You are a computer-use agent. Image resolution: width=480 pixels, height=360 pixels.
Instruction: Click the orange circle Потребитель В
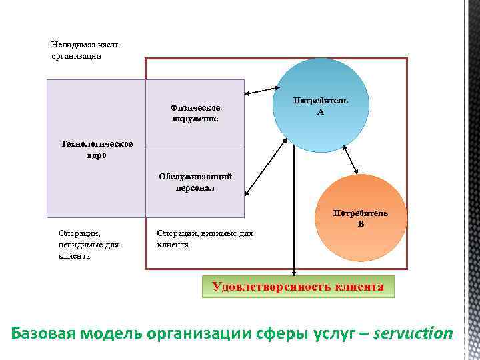point(361,219)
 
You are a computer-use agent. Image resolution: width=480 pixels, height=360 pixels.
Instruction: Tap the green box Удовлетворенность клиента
point(298,287)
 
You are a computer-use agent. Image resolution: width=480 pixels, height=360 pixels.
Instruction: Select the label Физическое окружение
point(195,113)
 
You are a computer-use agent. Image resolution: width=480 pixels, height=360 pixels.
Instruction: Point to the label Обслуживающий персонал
point(195,182)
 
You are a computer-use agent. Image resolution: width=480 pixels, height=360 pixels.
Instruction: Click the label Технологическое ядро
point(96,149)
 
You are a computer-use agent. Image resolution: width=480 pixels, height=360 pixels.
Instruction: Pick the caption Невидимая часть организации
point(85,50)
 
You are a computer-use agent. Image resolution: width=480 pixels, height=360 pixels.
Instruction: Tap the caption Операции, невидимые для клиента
point(89,245)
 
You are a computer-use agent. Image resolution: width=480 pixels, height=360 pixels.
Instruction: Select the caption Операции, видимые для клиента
point(205,239)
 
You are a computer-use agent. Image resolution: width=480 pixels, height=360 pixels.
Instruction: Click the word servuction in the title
point(413,333)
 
